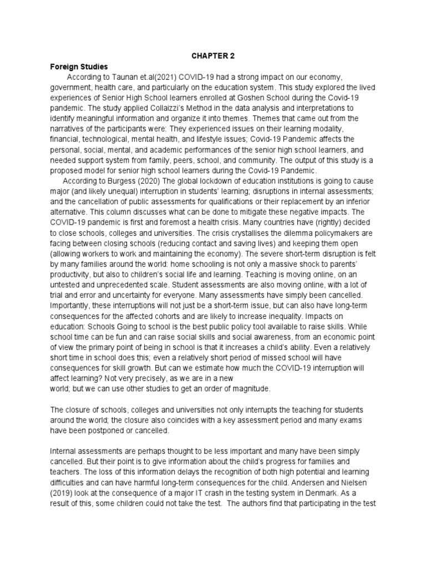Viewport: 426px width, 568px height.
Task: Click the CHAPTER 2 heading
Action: [213, 56]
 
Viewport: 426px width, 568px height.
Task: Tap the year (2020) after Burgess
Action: [149, 181]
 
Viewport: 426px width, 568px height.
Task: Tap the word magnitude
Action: [251, 389]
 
